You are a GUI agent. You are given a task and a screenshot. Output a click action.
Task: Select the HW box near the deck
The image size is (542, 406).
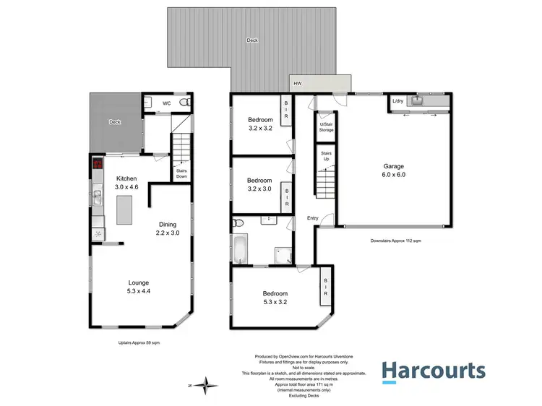[x=298, y=85]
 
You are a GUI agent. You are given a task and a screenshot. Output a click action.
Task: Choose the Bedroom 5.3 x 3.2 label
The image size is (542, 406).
[x=275, y=298]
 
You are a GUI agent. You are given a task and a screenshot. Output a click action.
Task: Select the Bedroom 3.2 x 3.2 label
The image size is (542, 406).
[x=260, y=124]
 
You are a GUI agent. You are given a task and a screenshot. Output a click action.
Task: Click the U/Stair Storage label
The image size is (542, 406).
[x=327, y=127]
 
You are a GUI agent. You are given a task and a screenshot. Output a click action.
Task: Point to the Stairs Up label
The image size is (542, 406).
[x=326, y=156]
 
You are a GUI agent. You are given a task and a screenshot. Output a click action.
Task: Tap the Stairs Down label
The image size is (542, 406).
[x=182, y=173]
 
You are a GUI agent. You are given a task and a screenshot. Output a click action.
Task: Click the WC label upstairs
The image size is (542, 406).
[x=166, y=103]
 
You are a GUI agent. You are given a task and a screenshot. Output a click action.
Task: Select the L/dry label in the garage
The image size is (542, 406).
[x=397, y=102]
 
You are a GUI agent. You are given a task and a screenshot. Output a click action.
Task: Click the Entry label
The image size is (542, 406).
[x=312, y=218]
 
